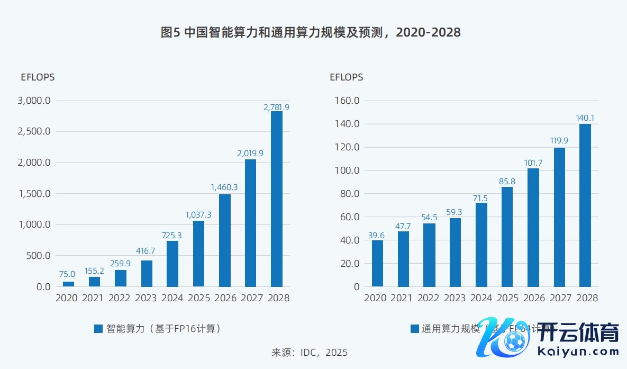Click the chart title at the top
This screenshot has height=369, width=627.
pos(311,33)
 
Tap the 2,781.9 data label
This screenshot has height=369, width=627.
pos(276,107)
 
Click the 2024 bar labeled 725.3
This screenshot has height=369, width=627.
pos(172,264)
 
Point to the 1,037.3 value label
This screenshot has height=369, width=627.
pos(198,215)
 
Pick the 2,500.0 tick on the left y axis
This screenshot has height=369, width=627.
pos(34,131)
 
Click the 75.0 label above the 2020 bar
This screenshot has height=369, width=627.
pos(67,274)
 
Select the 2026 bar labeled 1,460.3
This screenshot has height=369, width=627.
pos(224,240)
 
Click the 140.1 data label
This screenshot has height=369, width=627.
pos(585,118)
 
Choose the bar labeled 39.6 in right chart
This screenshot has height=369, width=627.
pos(378,264)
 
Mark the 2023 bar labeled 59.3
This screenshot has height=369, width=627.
pos(456,252)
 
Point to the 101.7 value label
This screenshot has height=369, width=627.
pos(533,163)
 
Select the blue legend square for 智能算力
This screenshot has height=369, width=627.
pos(98,329)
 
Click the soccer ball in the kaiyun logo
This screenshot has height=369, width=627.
pos(514,343)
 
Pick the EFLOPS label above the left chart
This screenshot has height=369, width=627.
pos(37,77)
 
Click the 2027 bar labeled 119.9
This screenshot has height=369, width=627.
pos(559,217)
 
